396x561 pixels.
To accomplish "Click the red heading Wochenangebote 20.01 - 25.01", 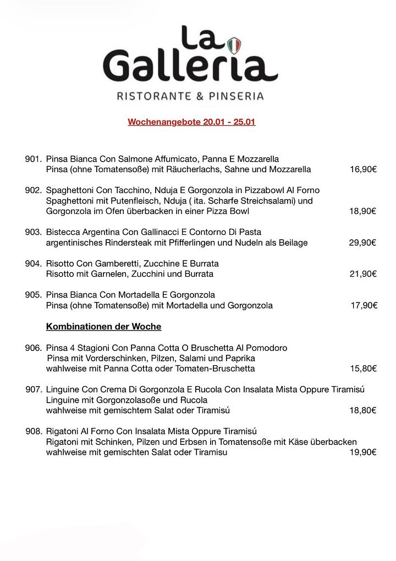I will [191, 122].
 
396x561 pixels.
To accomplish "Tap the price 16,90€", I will [363, 169].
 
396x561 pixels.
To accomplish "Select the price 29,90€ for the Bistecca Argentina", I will [362, 243].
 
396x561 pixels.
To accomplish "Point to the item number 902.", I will [33, 190].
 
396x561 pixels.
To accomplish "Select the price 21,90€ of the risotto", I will [363, 274].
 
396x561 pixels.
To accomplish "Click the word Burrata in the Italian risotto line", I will [204, 263].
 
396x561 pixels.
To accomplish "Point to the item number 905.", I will [33, 295].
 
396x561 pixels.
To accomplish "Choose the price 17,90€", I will [364, 305].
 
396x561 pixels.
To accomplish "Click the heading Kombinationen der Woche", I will [103, 327].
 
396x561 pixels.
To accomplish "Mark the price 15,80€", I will [363, 369].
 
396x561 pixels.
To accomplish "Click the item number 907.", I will [34, 389].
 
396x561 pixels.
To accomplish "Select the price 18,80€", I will [363, 410].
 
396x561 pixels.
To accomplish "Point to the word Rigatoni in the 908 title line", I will [63, 431].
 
